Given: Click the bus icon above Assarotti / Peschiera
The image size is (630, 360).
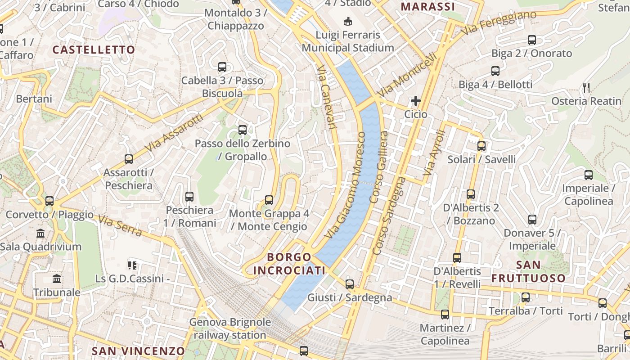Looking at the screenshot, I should pos(129,159).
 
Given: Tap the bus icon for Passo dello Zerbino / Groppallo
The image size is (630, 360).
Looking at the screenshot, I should pos(243,130).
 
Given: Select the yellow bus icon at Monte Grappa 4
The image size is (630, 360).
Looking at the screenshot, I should pos(269,200).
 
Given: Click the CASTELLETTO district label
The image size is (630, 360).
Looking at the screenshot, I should pos(94,49).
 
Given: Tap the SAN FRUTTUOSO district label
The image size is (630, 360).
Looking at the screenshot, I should pos(528,271).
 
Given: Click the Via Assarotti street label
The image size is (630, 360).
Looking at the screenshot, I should pos(175,132).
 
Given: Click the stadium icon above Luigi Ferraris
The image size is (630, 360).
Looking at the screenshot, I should pos(347,21).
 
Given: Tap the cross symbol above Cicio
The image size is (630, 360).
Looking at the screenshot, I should pos(415,101).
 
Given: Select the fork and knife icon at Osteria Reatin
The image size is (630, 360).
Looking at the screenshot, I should pos(586,87).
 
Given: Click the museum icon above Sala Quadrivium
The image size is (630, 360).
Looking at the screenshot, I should pos(40,233).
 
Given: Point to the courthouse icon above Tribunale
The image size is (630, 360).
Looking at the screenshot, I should pos(57,279).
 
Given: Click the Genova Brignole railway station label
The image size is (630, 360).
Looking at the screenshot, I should pos(230,328).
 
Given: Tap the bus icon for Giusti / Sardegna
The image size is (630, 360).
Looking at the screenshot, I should pos(350,284).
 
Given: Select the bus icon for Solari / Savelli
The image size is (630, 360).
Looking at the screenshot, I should pos(481,146).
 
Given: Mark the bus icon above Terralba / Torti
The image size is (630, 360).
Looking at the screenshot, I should pos(525,297).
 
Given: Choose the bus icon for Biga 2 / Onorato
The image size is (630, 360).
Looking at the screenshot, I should pos(532,40).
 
